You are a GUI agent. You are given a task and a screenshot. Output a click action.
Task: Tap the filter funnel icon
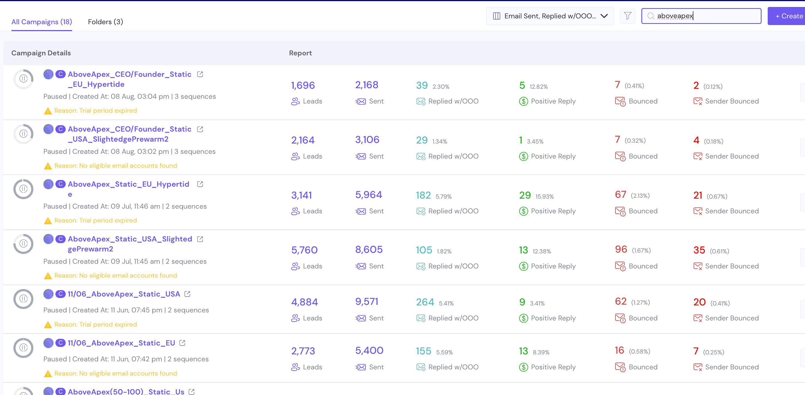(627, 16)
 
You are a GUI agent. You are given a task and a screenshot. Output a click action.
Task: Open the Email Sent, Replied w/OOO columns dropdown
(550, 16)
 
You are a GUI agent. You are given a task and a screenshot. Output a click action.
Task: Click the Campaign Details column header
(41, 53)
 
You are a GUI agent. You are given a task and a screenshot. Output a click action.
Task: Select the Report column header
(300, 53)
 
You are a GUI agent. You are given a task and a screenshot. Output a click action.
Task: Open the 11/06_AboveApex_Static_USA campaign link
(124, 294)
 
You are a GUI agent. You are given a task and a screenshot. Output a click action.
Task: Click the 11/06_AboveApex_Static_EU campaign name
(121, 343)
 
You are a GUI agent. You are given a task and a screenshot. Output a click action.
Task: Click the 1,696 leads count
(303, 85)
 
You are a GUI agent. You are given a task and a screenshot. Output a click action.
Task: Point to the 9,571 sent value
(367, 302)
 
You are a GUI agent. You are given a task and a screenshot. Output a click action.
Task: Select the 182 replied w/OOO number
(423, 196)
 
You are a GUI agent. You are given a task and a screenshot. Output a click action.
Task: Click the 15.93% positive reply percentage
(544, 197)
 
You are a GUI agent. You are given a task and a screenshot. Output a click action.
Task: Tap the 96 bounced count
(621, 250)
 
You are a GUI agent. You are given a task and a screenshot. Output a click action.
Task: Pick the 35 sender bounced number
(699, 250)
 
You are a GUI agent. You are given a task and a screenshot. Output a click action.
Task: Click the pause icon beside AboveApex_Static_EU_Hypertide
(23, 189)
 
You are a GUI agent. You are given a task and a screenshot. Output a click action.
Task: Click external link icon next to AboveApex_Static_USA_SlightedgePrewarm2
(200, 239)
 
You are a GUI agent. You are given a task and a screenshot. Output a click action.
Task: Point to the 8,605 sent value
(369, 250)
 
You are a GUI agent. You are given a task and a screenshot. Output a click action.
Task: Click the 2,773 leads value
(303, 351)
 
